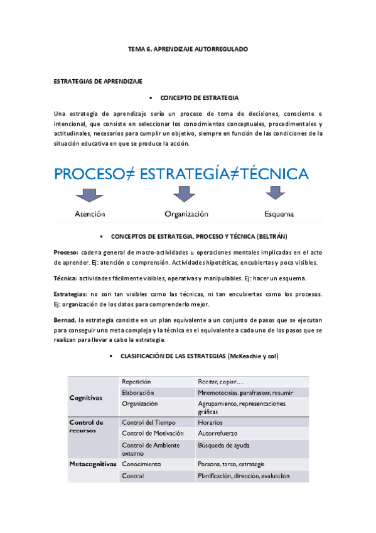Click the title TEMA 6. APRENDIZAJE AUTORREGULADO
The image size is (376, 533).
pyautogui.click(x=188, y=48)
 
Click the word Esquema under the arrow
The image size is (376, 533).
pyautogui.click(x=279, y=214)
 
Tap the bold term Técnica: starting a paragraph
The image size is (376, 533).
pyautogui.click(x=67, y=277)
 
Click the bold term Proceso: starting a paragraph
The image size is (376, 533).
pyautogui.click(x=67, y=251)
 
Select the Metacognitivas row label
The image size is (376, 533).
pyautogui.click(x=93, y=464)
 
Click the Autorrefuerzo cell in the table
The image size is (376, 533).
pyautogui.click(x=218, y=434)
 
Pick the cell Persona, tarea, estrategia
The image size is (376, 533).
pyautogui.click(x=231, y=464)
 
